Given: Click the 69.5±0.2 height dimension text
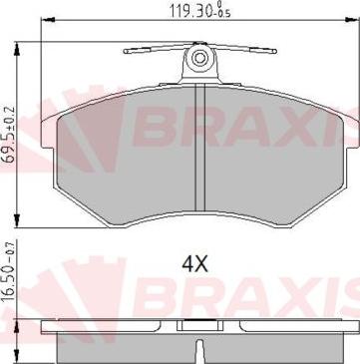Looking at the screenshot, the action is point(10,133).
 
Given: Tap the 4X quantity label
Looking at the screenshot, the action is point(194,264).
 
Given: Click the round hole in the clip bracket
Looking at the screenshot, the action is point(199,59).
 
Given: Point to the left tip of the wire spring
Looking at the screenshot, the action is point(125,51).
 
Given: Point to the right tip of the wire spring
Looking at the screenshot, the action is point(275,51).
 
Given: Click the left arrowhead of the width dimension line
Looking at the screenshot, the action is point(48,20).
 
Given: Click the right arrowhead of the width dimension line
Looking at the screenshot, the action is point(352,20).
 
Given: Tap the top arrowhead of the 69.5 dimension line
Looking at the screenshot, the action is point(17,49).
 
